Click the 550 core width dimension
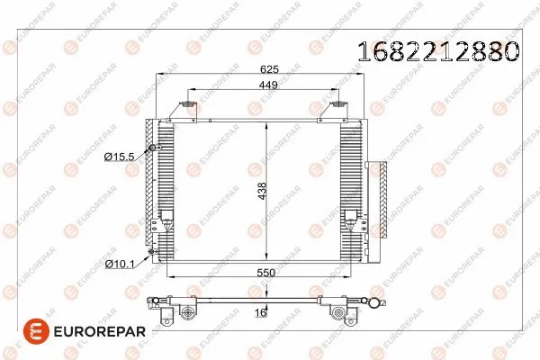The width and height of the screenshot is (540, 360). [x=263, y=272]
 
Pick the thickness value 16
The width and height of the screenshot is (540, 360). [x=259, y=313]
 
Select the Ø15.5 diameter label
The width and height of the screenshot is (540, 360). [x=119, y=157]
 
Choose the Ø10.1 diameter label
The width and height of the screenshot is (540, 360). [x=119, y=264]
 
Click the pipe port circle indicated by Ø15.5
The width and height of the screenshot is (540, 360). [x=152, y=148]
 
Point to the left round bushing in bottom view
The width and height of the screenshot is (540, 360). [x=187, y=313]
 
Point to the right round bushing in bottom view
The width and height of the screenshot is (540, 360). [x=339, y=313]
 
